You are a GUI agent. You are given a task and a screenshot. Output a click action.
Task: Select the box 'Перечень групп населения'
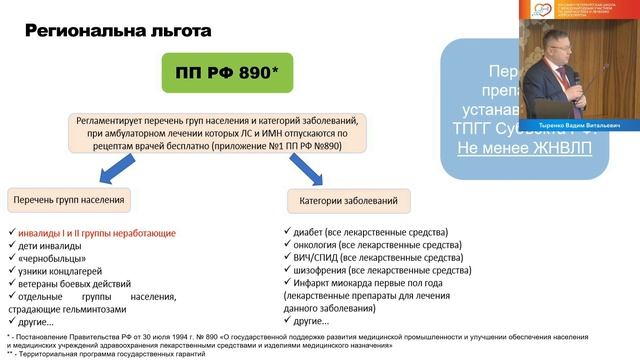coord(69,200)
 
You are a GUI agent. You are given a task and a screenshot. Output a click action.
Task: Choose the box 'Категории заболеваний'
coord(341,200)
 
